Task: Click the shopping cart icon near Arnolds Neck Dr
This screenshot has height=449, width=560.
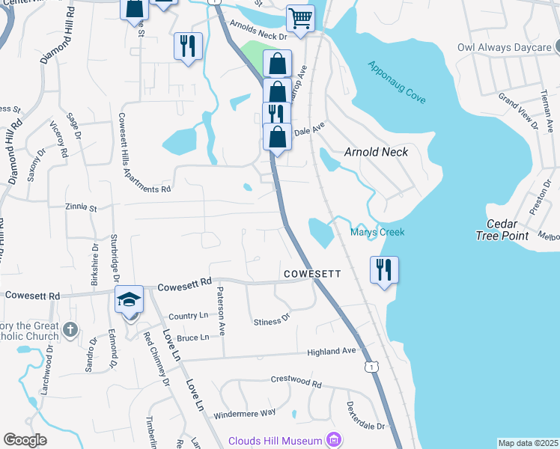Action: coord(300,18)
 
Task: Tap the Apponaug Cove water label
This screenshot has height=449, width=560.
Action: coord(396,81)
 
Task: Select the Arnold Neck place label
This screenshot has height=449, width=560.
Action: coord(376,152)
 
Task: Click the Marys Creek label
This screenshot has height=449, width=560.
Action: coord(377,232)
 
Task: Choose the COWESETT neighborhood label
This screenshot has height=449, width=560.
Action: coord(312,275)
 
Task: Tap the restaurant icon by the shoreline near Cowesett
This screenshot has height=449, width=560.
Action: coord(384,269)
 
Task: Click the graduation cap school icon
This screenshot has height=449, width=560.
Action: coord(130,299)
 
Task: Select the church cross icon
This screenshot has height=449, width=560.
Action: coord(70,329)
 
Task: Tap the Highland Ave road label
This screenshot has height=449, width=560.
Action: coord(332,351)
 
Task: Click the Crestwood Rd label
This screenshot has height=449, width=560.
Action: coord(296,382)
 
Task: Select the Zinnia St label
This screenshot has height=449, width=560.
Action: coord(82,207)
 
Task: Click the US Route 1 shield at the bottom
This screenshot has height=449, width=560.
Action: coord(371,367)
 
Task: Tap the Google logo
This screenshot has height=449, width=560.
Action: coord(25,440)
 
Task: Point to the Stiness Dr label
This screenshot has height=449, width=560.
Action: coord(271,320)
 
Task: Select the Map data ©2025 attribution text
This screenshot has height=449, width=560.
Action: coord(528,443)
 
